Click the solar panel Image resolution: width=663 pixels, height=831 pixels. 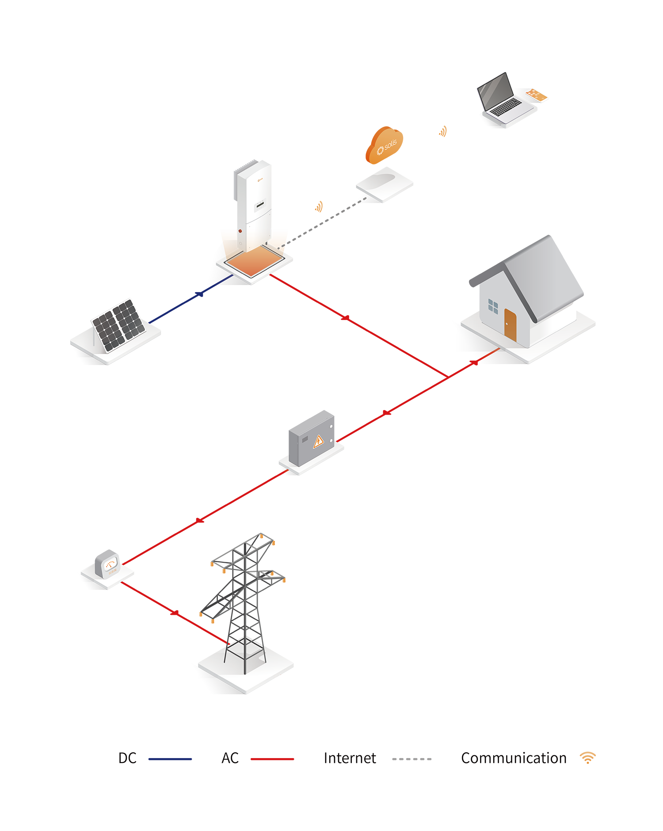118,325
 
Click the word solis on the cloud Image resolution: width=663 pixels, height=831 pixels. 390,145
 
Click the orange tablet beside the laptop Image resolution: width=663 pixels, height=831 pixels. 536,95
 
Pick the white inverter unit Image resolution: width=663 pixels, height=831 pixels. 254,203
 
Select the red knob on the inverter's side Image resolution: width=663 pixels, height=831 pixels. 240,230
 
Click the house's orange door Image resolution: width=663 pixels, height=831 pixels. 510,324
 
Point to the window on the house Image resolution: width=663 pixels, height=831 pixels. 493,306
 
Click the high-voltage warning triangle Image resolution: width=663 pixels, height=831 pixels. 318,441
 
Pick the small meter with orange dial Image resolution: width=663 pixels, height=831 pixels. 110,566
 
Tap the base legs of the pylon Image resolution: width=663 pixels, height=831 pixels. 245,654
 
